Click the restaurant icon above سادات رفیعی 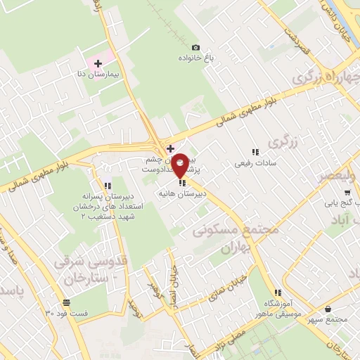click(x=255, y=151)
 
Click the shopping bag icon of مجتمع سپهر click(x=329, y=309)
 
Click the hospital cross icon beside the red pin click(x=169, y=148)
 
